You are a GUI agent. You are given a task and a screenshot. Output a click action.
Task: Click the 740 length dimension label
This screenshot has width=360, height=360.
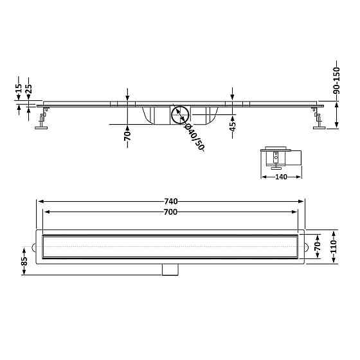coord(171,201)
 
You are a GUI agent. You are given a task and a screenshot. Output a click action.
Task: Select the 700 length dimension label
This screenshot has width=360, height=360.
coord(170,212)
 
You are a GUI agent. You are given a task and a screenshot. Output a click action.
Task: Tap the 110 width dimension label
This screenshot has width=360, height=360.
coord(334,246)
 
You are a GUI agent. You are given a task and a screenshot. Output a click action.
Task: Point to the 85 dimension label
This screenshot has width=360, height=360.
coord(24,261)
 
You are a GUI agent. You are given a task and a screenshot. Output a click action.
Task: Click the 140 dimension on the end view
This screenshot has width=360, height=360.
coord(281,177)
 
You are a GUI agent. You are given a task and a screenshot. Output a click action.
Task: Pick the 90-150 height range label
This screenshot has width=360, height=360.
coord(336,80)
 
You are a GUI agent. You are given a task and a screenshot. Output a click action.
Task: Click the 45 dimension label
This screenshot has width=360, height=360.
coord(233,127)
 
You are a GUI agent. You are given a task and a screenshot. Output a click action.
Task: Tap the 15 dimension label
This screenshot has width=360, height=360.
coord(19,88)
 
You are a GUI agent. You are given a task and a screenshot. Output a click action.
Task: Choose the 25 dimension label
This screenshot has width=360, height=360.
coord(29,89)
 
